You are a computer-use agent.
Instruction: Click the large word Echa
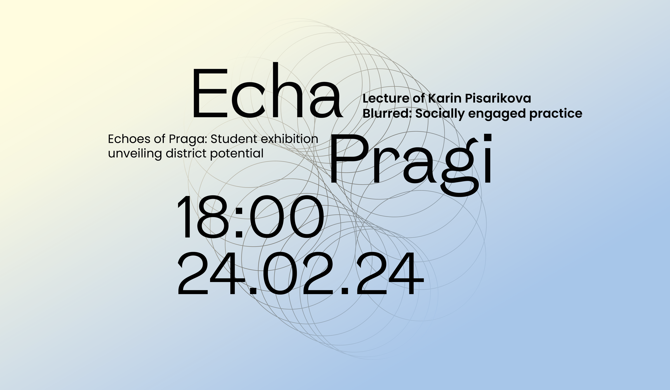coord(267,90)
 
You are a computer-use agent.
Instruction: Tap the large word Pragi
coord(411,165)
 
